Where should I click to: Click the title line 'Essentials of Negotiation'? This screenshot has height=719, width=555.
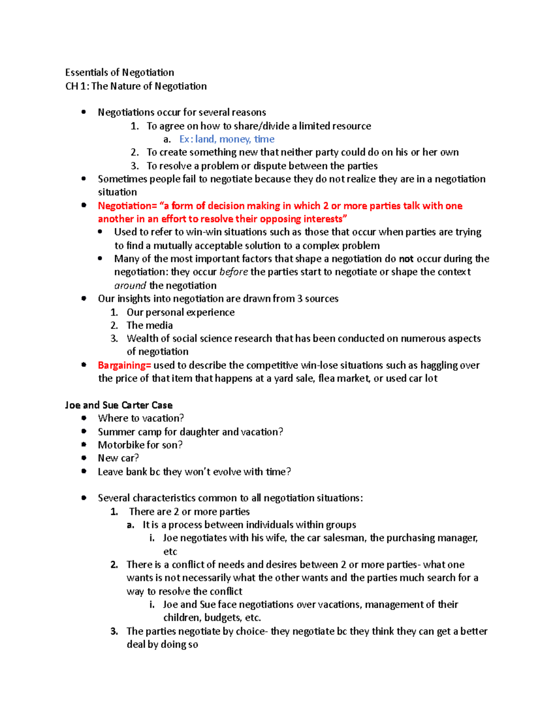pos(119,72)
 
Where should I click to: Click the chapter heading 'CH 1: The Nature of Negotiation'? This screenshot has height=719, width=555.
pos(136,86)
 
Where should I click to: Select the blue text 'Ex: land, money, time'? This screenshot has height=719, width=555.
pos(227,139)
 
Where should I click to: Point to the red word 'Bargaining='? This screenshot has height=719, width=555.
pos(124,365)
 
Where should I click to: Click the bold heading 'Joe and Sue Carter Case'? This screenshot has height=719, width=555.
pos(119,405)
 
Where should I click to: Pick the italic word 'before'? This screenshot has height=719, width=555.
pos(234,272)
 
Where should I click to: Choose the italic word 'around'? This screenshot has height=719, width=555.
pos(130,285)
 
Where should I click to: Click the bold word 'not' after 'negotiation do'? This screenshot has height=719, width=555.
pos(406,259)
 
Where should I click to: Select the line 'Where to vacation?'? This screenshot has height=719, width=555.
pos(141,418)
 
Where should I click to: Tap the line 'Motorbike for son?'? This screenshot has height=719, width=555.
pos(140,445)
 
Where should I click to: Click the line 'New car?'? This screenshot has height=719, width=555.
pos(118,458)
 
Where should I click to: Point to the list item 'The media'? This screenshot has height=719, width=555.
pos(149,325)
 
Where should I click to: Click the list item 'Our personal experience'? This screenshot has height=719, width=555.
pos(180,312)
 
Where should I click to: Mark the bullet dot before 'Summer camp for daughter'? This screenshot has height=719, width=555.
pos(84,431)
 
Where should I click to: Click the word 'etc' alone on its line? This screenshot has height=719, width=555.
pos(170,551)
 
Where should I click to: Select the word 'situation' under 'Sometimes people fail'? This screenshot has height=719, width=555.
pos(117,192)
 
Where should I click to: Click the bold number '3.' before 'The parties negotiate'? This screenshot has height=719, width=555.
pos(114,631)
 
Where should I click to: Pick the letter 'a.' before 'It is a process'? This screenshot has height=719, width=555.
pos(130,525)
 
